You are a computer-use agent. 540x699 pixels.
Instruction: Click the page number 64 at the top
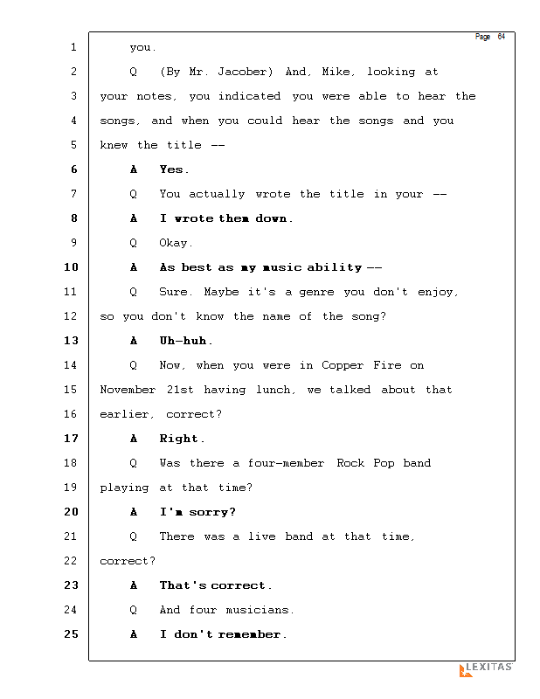(502, 37)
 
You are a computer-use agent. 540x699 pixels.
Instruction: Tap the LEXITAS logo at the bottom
(486, 668)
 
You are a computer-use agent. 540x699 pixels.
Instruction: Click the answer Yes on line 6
(173, 170)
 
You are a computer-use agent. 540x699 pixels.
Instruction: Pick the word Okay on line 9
(176, 243)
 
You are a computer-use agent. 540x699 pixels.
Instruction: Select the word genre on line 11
(318, 292)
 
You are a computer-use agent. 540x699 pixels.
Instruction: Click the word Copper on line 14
(343, 365)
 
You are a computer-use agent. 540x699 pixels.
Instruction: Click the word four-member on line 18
(285, 463)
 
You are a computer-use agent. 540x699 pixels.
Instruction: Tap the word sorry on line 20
(212, 512)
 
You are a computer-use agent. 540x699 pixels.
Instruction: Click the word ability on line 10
(334, 267)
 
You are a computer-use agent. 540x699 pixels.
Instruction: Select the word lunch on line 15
(273, 390)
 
